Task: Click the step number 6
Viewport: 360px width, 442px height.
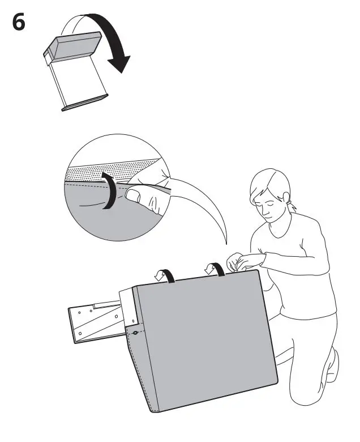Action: pos(19,24)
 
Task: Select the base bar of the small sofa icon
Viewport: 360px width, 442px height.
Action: pos(84,103)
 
